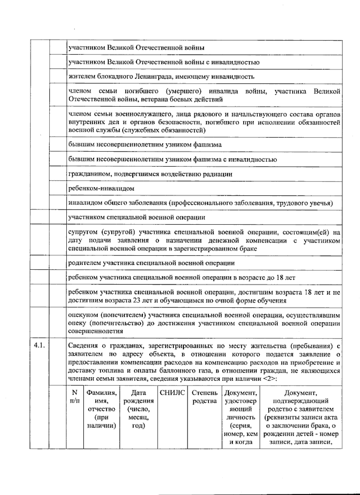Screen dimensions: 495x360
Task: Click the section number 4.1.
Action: click(x=39, y=346)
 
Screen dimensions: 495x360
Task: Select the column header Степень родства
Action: click(x=205, y=397)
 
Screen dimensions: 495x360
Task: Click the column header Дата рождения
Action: click(x=139, y=409)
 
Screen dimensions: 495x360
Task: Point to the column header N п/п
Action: click(x=75, y=397)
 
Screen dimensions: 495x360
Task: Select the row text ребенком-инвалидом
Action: click(x=101, y=189)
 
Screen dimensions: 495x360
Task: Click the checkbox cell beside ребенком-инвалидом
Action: click(x=58, y=189)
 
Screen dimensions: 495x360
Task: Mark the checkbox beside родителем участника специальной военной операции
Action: click(x=58, y=263)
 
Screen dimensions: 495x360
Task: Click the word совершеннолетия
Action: click(x=96, y=331)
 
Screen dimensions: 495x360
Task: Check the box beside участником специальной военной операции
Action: click(x=58, y=217)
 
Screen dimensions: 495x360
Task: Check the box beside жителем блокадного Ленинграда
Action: click(x=58, y=77)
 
